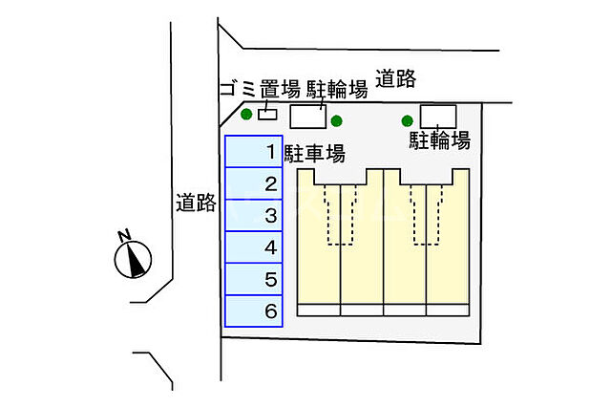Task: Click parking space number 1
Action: tap(253, 152)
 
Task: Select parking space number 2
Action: tap(253, 184)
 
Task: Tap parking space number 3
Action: tap(253, 216)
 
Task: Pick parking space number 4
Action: tap(253, 247)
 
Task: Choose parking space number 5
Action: tap(253, 280)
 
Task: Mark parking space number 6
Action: tap(253, 311)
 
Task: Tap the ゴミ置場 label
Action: tap(261, 91)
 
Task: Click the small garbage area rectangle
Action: tap(268, 116)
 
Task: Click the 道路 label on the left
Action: tap(197, 203)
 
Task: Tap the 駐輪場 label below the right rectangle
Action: tap(440, 141)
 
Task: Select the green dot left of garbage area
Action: tap(246, 116)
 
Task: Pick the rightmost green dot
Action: tap(408, 120)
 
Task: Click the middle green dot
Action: tap(336, 120)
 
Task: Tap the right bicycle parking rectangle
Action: tap(438, 116)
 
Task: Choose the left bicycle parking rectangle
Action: tap(307, 117)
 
